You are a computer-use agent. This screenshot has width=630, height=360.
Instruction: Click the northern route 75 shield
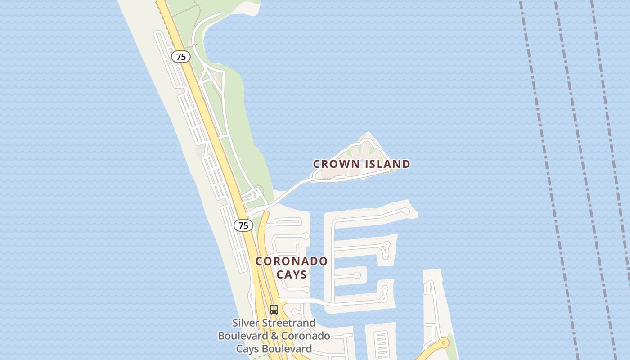tap(181, 57)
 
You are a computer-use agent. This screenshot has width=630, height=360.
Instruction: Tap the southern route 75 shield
tap(243, 225)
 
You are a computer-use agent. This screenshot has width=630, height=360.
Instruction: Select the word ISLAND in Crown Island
tap(387, 164)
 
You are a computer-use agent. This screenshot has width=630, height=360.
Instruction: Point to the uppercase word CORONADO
tap(292, 261)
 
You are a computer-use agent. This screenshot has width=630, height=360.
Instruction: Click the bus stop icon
tap(274, 310)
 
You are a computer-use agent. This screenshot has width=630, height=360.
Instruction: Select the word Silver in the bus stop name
tap(246, 323)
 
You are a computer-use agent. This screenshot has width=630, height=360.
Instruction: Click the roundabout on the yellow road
tap(445, 343)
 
